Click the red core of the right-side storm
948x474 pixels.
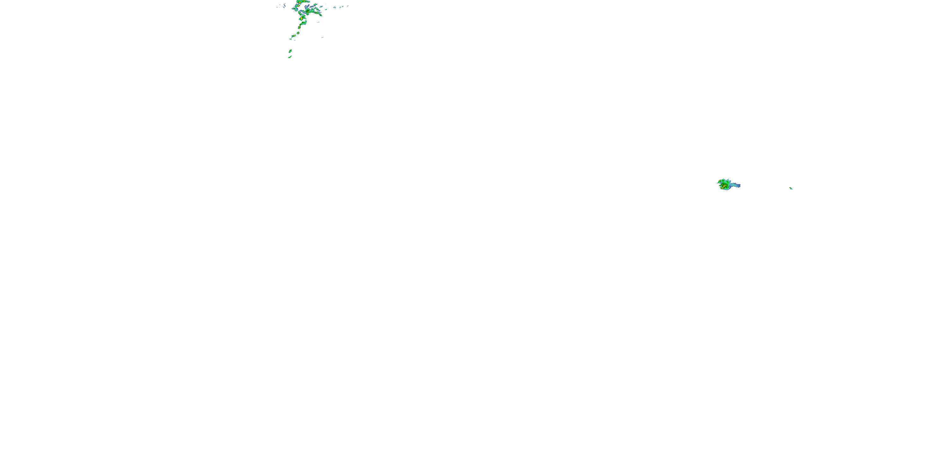[721, 188]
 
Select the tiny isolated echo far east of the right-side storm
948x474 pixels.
[791, 188]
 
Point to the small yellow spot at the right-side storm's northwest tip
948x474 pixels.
[720, 181]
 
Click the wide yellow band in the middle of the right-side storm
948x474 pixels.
[725, 186]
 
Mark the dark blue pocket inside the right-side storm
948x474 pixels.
[722, 183]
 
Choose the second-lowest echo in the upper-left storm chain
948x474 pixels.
[290, 51]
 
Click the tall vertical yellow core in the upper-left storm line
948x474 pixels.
[302, 18]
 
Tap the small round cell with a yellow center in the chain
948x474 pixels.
[298, 33]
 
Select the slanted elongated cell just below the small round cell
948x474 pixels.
[294, 36]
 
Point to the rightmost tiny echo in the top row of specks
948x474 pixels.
[348, 6]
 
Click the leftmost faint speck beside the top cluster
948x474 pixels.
[277, 7]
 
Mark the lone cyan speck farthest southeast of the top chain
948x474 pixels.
[323, 38]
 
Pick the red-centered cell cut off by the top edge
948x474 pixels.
[304, 0]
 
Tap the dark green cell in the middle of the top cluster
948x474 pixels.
[308, 11]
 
